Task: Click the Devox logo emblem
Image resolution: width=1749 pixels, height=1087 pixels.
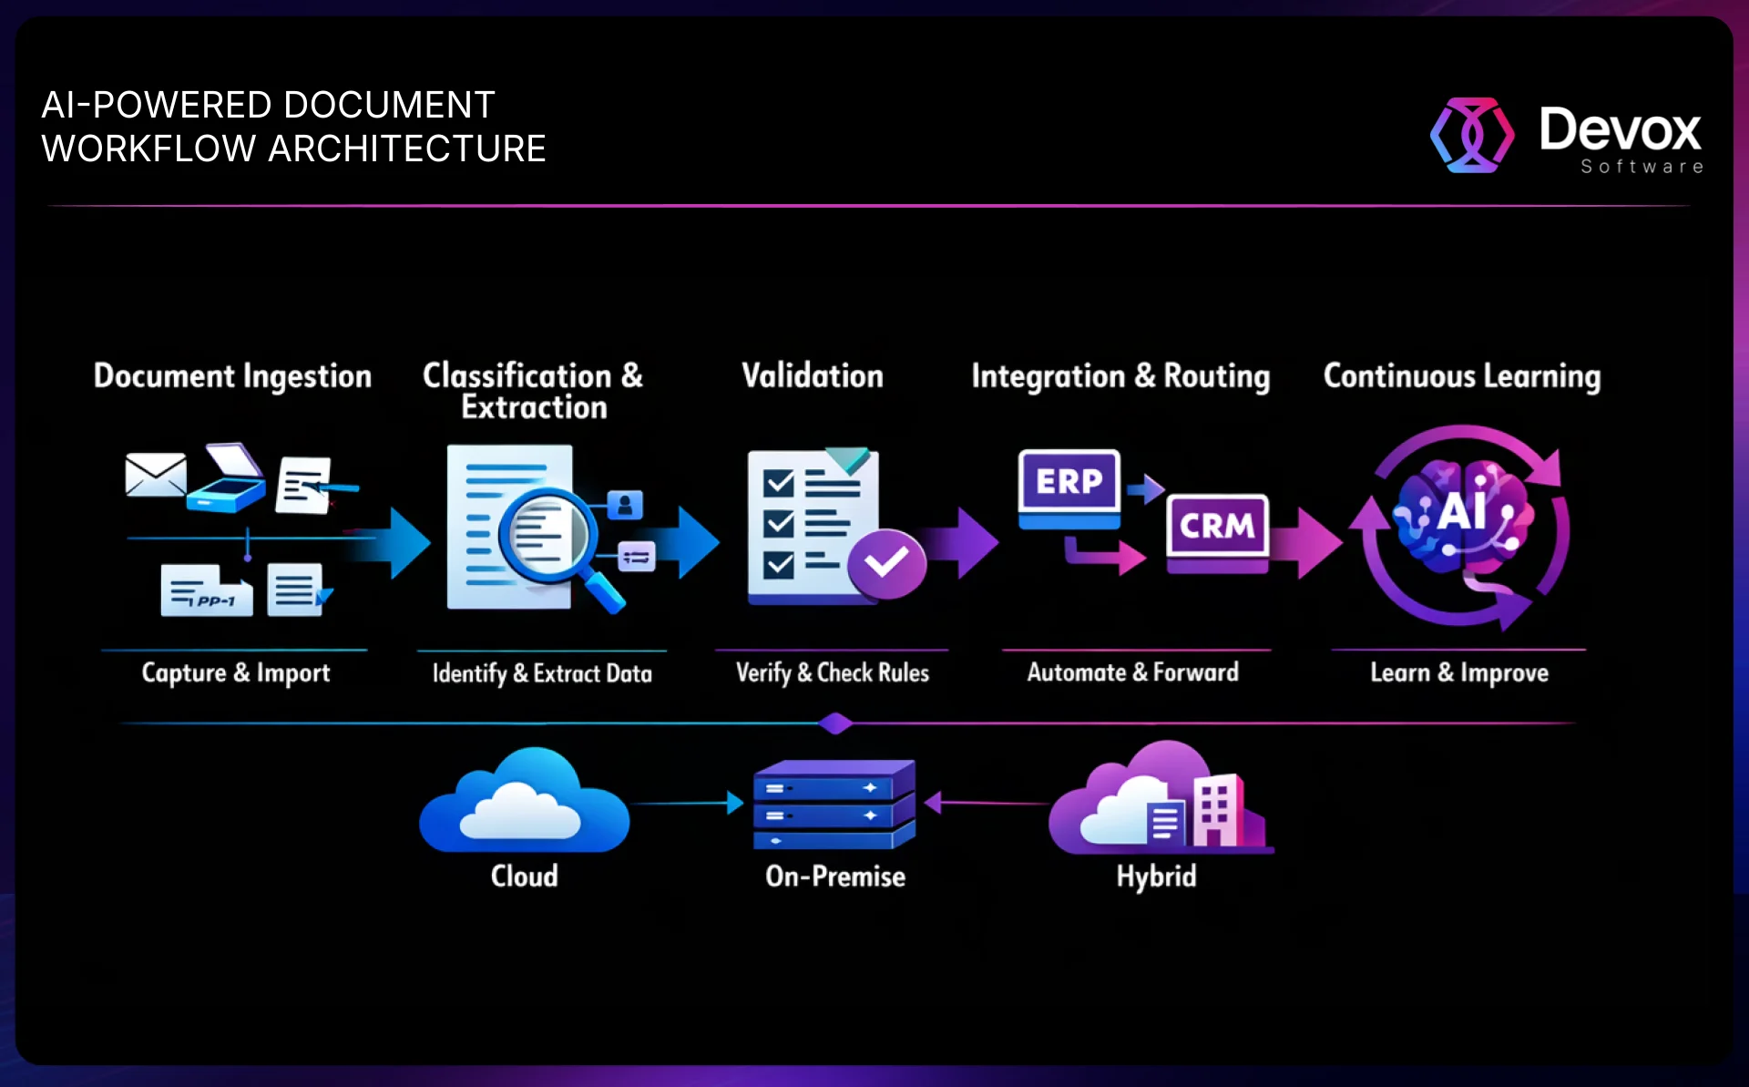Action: pyautogui.click(x=1472, y=135)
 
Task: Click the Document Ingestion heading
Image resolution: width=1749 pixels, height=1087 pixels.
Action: pyautogui.click(x=232, y=376)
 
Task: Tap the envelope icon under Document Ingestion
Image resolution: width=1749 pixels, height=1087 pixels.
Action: pyautogui.click(x=155, y=475)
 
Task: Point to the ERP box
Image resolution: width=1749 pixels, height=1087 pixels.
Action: pyautogui.click(x=1069, y=482)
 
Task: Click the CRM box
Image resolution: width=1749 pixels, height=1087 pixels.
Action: pyautogui.click(x=1217, y=526)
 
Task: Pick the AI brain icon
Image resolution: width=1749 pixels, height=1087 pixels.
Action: pyautogui.click(x=1463, y=515)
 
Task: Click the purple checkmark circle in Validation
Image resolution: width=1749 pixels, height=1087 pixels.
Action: pyautogui.click(x=885, y=563)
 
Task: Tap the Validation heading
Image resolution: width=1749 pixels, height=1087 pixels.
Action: pyautogui.click(x=813, y=376)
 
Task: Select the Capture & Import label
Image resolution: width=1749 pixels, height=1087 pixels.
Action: pyautogui.click(x=236, y=673)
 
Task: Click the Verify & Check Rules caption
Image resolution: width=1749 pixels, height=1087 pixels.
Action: pyautogui.click(x=833, y=673)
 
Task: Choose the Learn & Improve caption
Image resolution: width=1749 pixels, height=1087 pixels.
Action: pyautogui.click(x=1459, y=673)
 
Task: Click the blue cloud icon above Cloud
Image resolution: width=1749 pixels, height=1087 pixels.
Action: pyautogui.click(x=524, y=802)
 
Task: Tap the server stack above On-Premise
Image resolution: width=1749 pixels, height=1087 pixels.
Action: pyautogui.click(x=834, y=804)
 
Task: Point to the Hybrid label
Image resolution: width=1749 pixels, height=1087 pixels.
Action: pyautogui.click(x=1156, y=877)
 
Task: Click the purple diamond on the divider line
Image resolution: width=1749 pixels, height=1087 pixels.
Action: pyautogui.click(x=835, y=724)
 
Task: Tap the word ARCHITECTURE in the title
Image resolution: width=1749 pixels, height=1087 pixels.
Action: pyautogui.click(x=406, y=149)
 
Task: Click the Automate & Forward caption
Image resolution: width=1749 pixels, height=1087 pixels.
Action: pyautogui.click(x=1132, y=673)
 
